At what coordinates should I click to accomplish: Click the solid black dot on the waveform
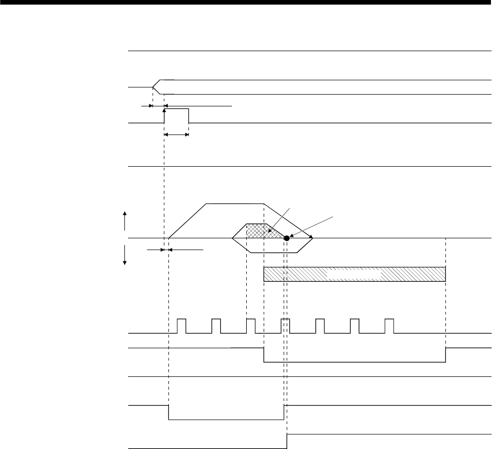(x=287, y=238)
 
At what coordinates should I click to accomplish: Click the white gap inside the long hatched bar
(x=354, y=274)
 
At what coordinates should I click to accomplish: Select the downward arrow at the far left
(x=124, y=256)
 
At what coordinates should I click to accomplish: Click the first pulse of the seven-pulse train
(x=182, y=325)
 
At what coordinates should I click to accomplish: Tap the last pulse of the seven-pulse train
(x=389, y=325)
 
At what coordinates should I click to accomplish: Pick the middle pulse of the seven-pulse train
(x=286, y=325)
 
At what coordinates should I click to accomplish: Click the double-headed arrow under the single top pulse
(x=177, y=134)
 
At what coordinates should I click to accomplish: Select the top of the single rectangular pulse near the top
(x=177, y=109)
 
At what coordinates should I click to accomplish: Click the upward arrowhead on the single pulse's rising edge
(x=164, y=110)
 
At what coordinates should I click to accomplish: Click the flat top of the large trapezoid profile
(x=234, y=204)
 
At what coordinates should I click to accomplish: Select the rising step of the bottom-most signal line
(x=287, y=441)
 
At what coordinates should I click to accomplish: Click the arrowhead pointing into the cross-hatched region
(x=271, y=232)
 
